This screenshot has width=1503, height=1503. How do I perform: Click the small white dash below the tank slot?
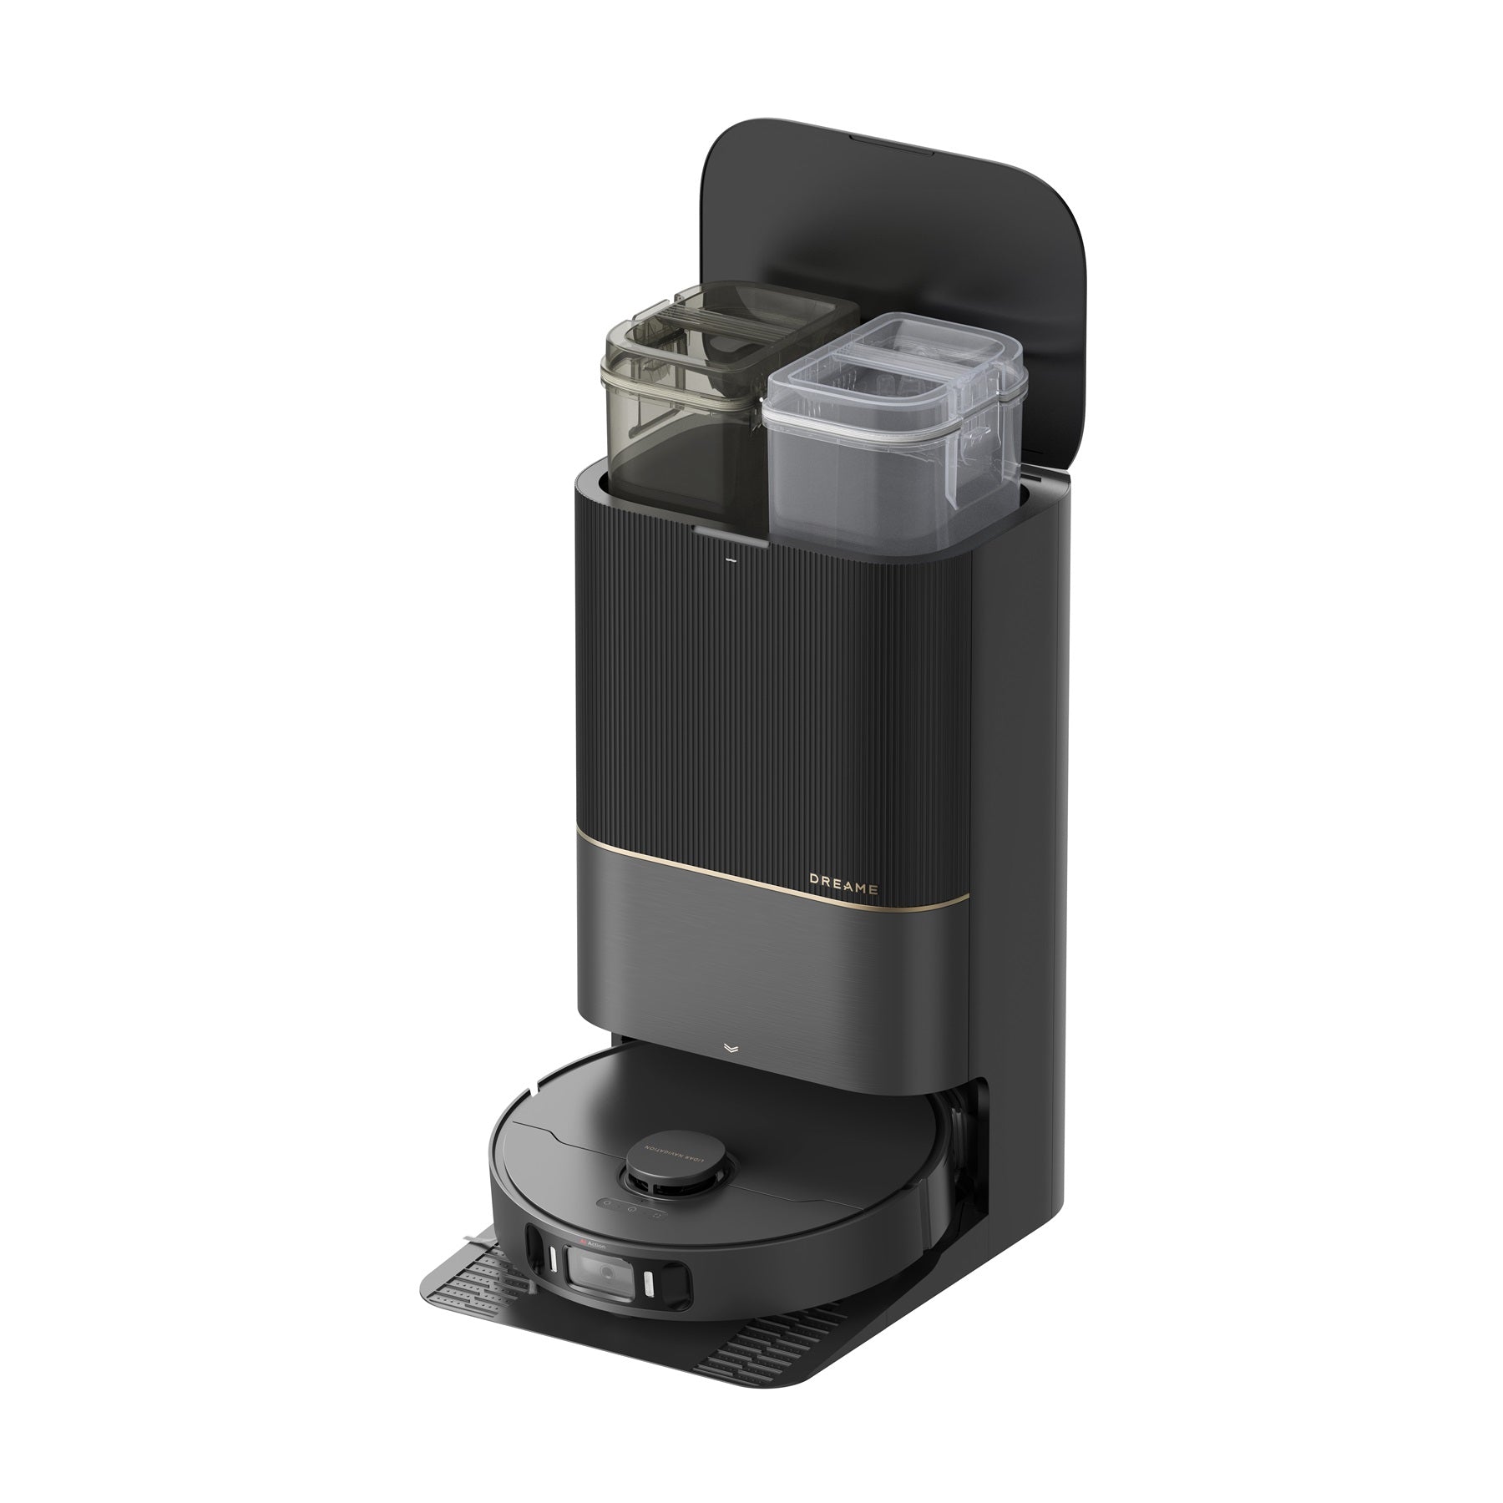click(730, 559)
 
